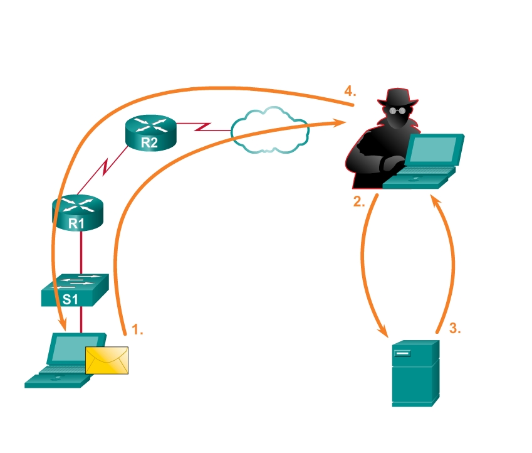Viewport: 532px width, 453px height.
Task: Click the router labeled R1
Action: point(76,211)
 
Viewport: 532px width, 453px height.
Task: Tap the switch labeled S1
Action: point(75,290)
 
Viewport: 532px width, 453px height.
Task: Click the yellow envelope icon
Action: point(107,360)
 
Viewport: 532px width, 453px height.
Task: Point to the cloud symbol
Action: point(270,131)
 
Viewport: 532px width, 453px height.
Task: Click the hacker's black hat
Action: point(397,98)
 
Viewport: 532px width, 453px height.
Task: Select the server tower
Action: point(414,373)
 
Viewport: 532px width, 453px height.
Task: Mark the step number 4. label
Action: point(350,91)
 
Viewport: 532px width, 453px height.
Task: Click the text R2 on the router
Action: point(149,142)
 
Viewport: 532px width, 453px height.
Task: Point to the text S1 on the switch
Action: point(71,299)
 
